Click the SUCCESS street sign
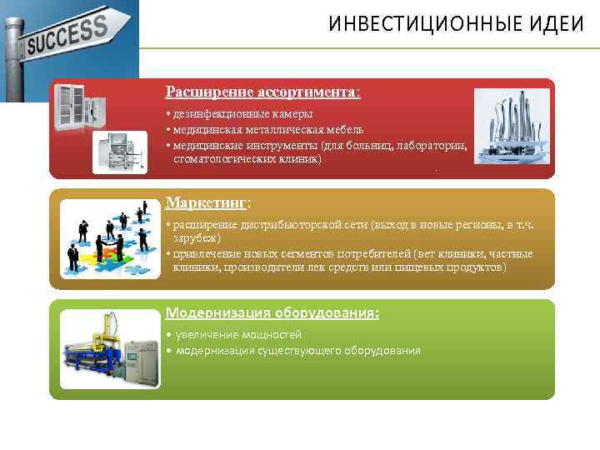(x=67, y=37)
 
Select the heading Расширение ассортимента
(x=262, y=91)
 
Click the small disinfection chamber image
(x=119, y=152)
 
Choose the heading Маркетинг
(x=207, y=202)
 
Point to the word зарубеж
(x=195, y=238)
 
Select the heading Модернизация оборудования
(x=272, y=312)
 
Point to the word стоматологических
(x=227, y=158)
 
